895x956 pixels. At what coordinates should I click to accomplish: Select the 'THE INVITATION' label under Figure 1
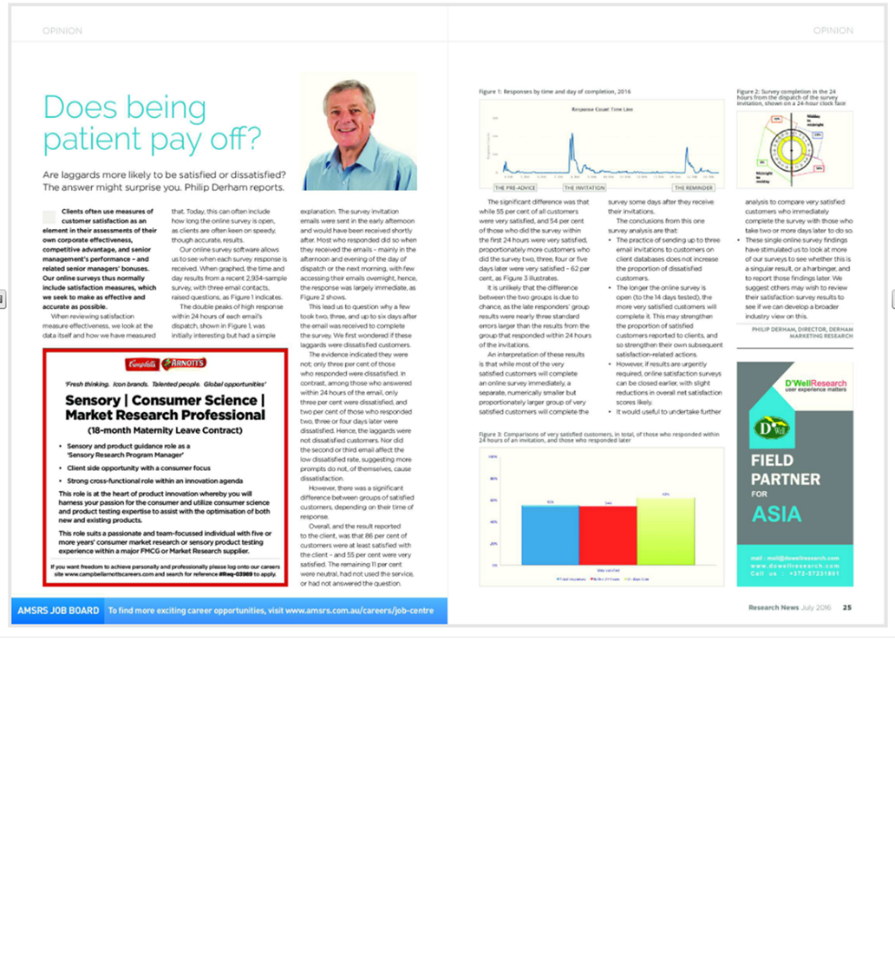[584, 187]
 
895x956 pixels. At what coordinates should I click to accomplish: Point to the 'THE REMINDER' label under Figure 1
[693, 187]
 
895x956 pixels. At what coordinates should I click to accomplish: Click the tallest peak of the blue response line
[572, 139]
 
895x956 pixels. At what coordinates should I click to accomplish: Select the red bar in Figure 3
[607, 534]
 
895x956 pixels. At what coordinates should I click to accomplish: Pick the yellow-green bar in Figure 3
[665, 531]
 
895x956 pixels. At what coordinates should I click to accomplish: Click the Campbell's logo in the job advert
[142, 363]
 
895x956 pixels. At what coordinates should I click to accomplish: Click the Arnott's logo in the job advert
[184, 363]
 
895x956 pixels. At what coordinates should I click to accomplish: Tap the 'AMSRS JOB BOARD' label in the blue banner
[58, 611]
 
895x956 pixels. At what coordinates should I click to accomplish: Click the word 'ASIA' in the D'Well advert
[776, 514]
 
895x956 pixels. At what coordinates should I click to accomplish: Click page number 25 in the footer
[846, 607]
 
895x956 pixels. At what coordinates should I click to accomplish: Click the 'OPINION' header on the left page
[62, 30]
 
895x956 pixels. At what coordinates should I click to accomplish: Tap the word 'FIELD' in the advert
[773, 461]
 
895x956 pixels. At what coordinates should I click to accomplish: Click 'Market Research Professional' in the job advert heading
[165, 415]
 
